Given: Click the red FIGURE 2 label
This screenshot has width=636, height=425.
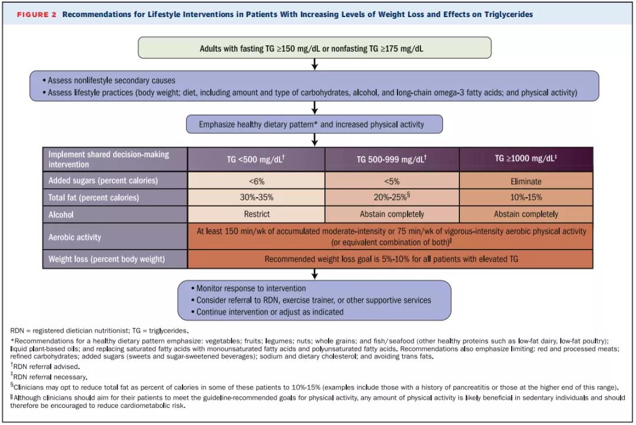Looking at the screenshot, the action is [37, 15].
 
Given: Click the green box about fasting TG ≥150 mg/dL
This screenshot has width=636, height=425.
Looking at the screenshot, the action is [314, 48].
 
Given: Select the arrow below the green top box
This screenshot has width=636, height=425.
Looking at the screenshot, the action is [314, 65].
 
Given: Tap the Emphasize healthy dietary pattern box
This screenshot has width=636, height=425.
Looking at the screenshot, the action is [314, 124].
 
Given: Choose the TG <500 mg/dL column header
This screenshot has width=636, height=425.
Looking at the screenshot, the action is [256, 159].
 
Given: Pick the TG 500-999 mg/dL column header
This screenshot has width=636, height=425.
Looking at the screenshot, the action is [392, 159].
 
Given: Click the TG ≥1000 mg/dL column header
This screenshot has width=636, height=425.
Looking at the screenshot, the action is [526, 159].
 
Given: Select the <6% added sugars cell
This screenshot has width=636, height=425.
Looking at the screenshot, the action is [256, 181].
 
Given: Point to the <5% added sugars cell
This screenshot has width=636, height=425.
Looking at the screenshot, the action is [392, 181].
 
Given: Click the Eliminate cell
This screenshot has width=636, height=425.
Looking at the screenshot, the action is [526, 181].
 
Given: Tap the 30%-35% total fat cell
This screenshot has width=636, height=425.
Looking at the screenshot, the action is [256, 198].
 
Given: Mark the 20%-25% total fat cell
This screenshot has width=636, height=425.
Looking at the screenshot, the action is [392, 198].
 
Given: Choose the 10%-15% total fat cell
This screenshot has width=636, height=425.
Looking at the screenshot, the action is [526, 198].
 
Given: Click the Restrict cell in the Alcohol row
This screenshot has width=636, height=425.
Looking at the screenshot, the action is [256, 214].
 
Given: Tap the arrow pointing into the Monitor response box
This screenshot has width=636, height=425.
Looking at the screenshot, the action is [314, 274].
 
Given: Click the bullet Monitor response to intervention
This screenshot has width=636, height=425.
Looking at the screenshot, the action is [249, 288].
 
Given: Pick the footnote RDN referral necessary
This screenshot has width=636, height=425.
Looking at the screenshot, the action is [49, 377].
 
